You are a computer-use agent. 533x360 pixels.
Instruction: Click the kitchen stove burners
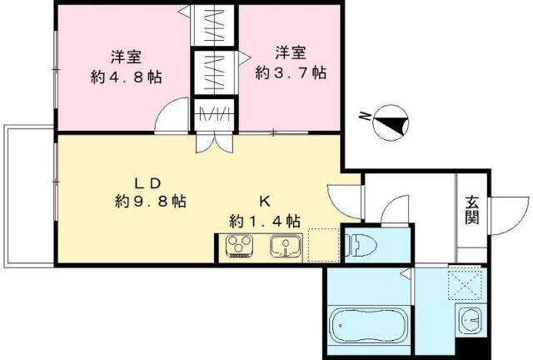pyautogui.click(x=240, y=245)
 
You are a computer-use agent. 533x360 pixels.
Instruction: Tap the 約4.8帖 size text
pyautogui.click(x=126, y=77)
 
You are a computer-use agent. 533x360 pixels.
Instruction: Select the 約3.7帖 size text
pyautogui.click(x=291, y=72)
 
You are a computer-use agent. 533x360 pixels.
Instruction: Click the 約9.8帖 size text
pyautogui.click(x=151, y=202)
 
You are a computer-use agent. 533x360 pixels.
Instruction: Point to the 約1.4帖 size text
pyautogui.click(x=265, y=222)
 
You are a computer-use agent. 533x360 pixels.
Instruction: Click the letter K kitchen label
pyautogui.click(x=265, y=202)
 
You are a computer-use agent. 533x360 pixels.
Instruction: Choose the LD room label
pyautogui.click(x=148, y=183)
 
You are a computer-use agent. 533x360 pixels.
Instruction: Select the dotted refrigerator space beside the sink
pyautogui.click(x=323, y=245)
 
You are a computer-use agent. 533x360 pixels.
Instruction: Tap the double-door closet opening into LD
pyautogui.click(x=215, y=143)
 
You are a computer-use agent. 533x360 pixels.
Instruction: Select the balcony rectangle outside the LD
pyautogui.click(x=29, y=196)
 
